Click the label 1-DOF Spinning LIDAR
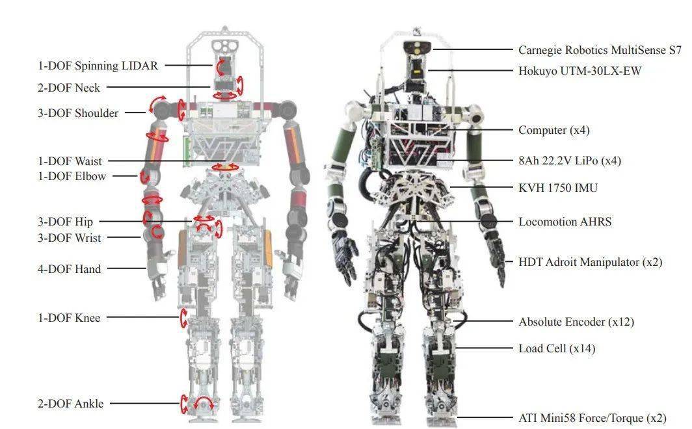98,66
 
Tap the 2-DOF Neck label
69,88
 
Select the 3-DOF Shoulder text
78,113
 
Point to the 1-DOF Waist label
70,161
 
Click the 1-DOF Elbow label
72,176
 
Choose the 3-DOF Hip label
65,222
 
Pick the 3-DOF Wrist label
70,238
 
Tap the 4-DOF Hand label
70,269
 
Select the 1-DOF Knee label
69,318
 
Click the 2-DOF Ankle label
71,404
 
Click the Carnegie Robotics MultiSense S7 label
600,50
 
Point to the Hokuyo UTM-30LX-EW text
580,71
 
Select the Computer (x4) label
554,130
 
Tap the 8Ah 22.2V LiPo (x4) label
570,161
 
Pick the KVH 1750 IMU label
558,188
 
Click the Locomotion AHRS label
565,222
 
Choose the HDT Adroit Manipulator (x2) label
591,262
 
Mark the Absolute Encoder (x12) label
576,322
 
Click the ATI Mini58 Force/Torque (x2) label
592,417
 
